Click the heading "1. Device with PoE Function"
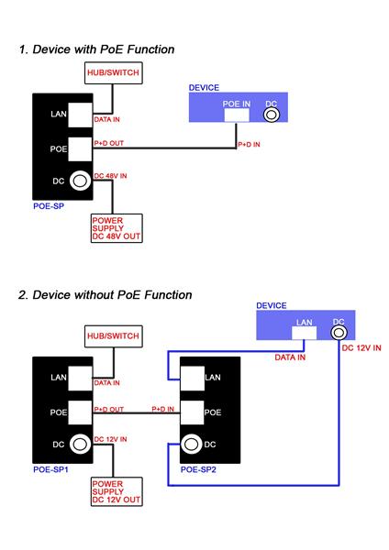97,49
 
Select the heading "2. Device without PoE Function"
106,295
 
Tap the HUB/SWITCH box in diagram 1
114,73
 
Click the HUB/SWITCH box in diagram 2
114,336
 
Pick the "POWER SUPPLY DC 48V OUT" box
117,228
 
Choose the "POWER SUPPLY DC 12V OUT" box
117,491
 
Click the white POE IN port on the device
237,115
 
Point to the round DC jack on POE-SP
80,181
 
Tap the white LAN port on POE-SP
80,115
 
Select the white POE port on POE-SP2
192,412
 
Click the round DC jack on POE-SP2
192,445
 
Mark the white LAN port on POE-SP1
80,378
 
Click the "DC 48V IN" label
110,176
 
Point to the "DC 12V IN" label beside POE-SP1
110,439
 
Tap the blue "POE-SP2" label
198,469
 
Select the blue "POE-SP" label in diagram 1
49,206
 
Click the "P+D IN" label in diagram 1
249,144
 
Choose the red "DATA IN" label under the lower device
290,357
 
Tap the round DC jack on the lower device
339,332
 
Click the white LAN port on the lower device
304,334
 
